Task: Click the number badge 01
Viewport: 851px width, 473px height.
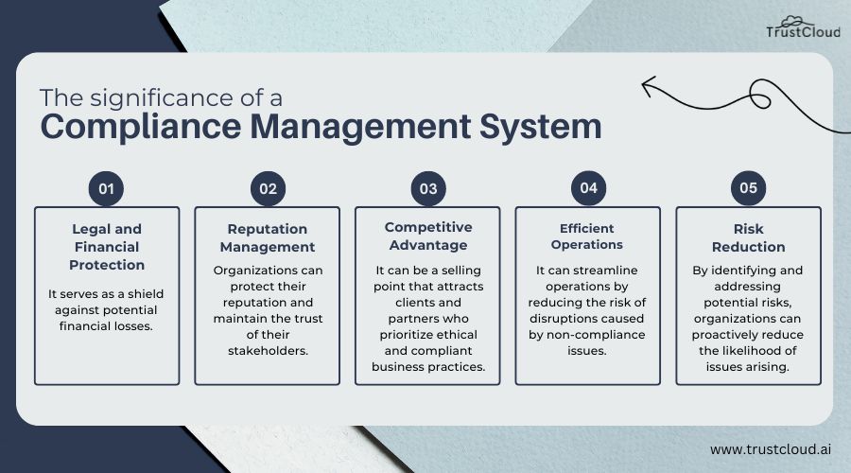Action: [106, 188]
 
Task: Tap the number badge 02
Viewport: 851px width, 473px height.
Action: [268, 188]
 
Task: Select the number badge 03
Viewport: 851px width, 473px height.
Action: [428, 188]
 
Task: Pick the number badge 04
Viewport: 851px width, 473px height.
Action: [588, 188]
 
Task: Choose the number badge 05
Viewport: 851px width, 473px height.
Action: [748, 188]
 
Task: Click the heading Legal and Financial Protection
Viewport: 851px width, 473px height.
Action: [107, 246]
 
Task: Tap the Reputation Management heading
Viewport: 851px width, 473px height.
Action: [268, 237]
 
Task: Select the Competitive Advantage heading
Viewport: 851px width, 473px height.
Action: [427, 236]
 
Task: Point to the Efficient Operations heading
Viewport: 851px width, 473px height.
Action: [588, 236]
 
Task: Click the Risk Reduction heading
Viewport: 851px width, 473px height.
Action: [748, 237]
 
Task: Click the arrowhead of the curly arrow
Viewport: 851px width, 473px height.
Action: [648, 88]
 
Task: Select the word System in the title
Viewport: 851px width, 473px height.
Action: [548, 127]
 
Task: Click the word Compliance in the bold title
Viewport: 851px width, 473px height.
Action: [124, 127]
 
